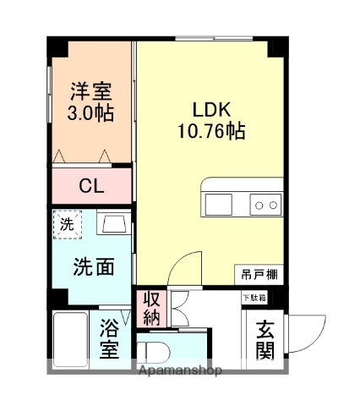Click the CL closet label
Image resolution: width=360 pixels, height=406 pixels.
[x=91, y=187]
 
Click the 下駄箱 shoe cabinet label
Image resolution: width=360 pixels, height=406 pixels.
[x=254, y=297]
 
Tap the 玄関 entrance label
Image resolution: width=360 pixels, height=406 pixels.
[x=265, y=338]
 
